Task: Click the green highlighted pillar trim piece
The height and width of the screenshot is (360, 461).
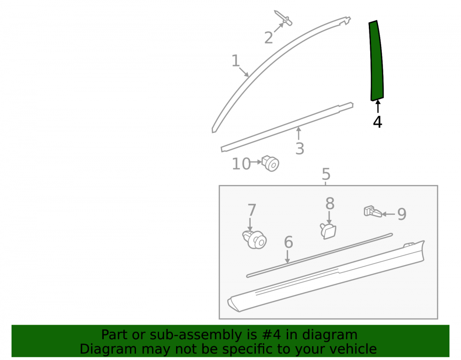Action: [376, 61]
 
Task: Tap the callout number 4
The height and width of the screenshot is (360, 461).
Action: [378, 122]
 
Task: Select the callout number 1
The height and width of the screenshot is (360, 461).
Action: [236, 61]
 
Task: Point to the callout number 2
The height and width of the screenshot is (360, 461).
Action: [268, 38]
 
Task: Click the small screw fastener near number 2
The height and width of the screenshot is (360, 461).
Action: [283, 18]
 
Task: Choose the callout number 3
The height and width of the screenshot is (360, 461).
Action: [300, 149]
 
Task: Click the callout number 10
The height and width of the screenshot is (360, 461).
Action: [242, 164]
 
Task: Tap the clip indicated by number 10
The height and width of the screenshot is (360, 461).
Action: [270, 163]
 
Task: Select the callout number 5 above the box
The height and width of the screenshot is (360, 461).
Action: [326, 174]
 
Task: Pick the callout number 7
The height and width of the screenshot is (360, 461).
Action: [252, 210]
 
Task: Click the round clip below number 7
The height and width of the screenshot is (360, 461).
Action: [254, 239]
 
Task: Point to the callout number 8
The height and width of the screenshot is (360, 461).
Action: [330, 203]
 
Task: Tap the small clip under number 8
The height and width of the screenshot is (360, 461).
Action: [328, 230]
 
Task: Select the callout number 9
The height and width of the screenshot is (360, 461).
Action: [402, 214]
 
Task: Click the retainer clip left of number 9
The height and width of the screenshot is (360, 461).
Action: [373, 211]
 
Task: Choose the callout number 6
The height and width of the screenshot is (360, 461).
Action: [289, 242]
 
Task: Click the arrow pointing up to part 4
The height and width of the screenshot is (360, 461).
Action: [378, 106]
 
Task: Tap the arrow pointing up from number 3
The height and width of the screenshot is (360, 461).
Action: [299, 133]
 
